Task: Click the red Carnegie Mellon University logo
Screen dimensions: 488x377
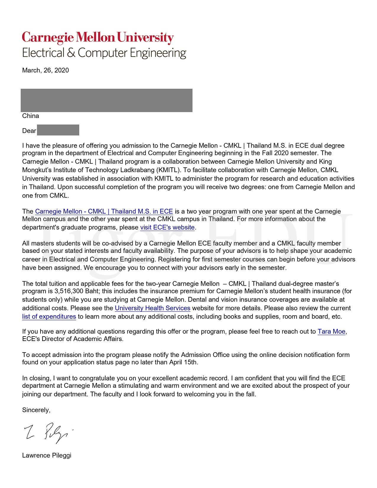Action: tap(98, 38)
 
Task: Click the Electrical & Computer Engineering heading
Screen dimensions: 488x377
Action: tap(104, 53)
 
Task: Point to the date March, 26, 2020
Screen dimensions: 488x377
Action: tap(46, 70)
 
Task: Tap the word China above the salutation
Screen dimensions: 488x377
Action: tap(30, 116)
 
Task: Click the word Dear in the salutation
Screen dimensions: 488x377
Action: tap(29, 131)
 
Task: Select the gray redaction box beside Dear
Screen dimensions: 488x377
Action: tap(58, 130)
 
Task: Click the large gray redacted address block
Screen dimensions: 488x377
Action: tap(106, 100)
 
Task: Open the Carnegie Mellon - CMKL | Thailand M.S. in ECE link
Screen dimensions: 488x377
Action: tap(104, 211)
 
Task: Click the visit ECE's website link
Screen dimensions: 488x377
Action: tap(167, 227)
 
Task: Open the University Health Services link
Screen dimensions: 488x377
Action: tap(152, 308)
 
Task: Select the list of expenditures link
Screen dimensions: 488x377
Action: tap(49, 317)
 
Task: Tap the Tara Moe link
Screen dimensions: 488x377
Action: tap(331, 332)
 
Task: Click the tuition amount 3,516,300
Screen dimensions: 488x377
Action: tap(69, 291)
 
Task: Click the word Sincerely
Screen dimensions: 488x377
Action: tap(36, 410)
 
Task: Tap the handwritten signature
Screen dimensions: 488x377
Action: tap(47, 432)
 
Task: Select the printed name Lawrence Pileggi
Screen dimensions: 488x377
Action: tap(47, 455)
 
